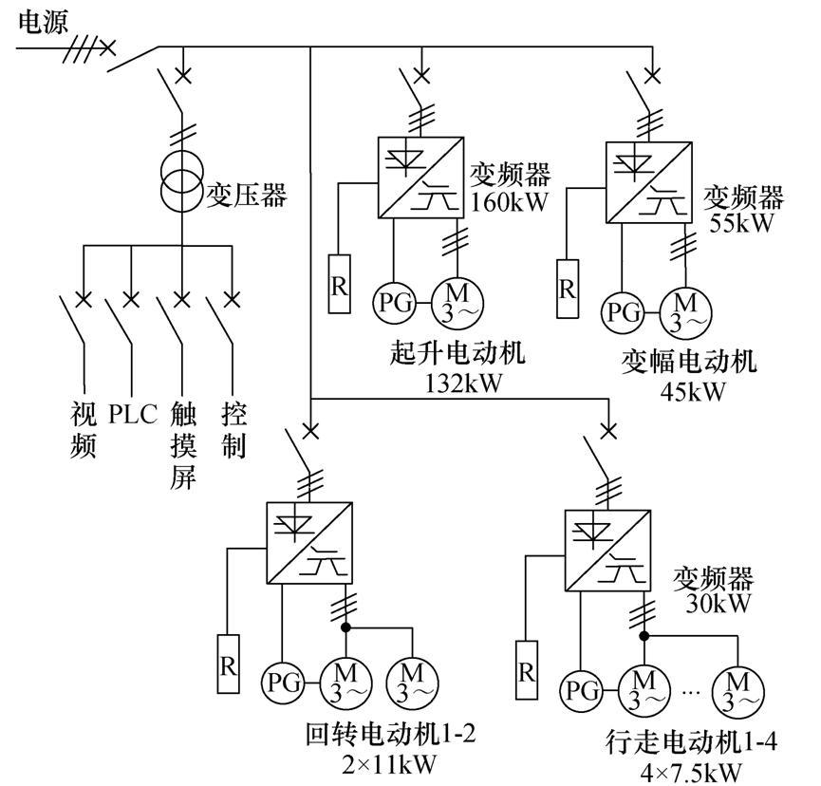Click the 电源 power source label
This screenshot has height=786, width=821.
[43, 22]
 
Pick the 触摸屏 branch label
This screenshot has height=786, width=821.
[182, 445]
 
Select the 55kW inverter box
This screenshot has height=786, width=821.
[646, 182]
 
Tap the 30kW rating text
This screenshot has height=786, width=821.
[712, 604]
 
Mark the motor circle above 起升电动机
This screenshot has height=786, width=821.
[458, 303]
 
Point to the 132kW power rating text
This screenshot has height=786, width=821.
[458, 384]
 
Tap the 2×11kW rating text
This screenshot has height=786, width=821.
[387, 760]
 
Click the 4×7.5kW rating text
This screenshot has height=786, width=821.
[691, 769]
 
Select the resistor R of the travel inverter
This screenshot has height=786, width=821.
[526, 671]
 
